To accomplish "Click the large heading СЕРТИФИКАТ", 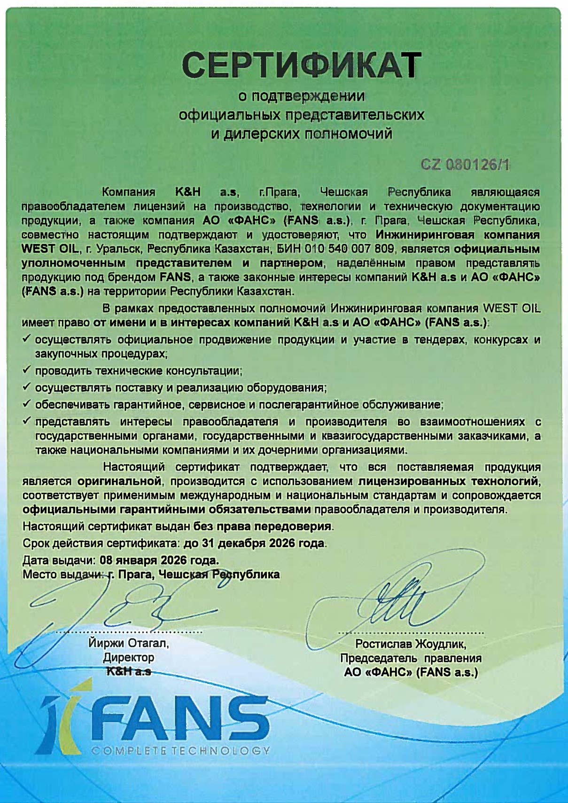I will click(x=301, y=65).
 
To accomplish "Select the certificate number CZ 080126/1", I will click(x=465, y=165).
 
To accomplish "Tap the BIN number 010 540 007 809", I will click(x=342, y=248).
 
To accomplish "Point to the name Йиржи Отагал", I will click(x=128, y=643).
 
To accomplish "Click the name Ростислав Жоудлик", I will click(x=411, y=644).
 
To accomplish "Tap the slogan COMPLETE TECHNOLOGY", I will click(x=181, y=750).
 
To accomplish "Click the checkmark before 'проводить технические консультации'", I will click(x=27, y=370).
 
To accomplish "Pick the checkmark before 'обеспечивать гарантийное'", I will click(x=27, y=403).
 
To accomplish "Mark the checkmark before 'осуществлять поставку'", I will click(x=27, y=387).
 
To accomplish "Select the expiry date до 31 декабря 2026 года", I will click(x=254, y=543).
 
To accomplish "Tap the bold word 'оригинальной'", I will click(x=119, y=481).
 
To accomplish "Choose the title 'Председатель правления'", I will click(x=411, y=658).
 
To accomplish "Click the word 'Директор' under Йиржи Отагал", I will click(x=128, y=657).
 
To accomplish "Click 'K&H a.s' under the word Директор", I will click(x=128, y=671).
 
